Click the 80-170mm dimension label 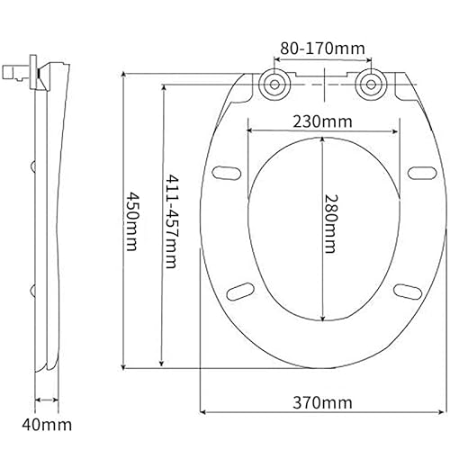click(x=323, y=49)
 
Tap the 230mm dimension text click(x=322, y=121)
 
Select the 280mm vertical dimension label click(x=331, y=224)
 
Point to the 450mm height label click(x=132, y=221)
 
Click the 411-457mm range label click(x=173, y=221)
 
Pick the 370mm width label click(x=322, y=402)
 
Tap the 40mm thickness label click(x=47, y=425)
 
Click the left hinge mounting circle click(x=274, y=85)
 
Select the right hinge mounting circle click(x=371, y=85)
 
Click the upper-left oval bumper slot click(x=227, y=173)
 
